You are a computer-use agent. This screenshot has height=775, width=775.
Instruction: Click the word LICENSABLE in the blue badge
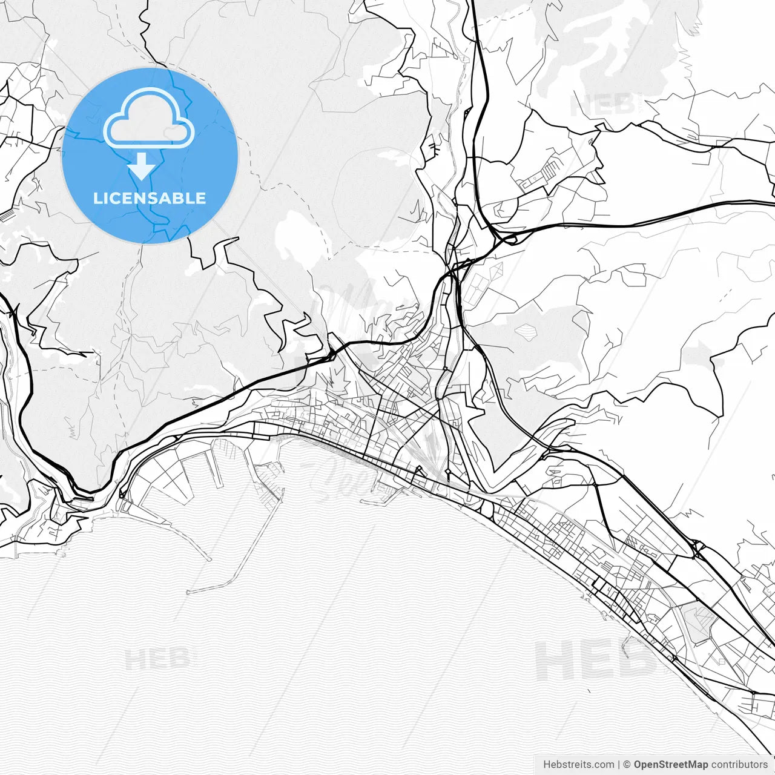[x=150, y=198]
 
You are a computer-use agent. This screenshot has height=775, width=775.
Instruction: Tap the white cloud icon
[x=149, y=119]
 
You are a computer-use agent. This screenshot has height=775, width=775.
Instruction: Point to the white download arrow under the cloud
[x=142, y=166]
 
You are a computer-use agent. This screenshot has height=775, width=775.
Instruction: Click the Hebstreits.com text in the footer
[x=578, y=765]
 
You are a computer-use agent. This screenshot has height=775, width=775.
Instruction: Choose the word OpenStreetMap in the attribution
[x=670, y=765]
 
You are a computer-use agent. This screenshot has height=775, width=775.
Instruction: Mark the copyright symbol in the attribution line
[x=627, y=765]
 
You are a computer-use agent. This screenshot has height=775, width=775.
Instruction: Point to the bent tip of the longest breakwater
[x=189, y=592]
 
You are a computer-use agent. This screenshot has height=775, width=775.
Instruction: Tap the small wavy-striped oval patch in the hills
[x=526, y=331]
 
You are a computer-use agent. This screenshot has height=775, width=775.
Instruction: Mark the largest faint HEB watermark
[x=596, y=660]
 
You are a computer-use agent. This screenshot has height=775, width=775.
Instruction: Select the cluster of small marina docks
[x=269, y=478]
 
